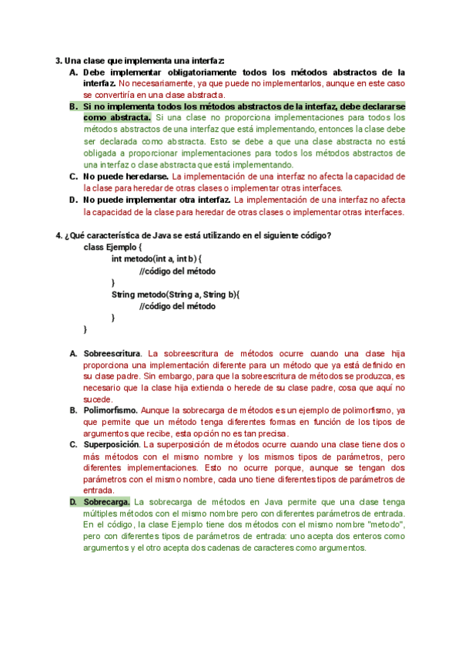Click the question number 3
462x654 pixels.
coord(59,60)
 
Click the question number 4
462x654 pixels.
coord(59,235)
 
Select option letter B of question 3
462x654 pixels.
coord(72,106)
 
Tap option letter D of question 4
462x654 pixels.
coord(72,502)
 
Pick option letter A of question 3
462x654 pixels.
coord(72,72)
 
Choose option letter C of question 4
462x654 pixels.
coord(72,444)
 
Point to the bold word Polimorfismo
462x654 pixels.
coord(110,410)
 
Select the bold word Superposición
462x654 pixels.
coord(112,444)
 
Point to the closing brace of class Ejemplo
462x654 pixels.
coord(85,329)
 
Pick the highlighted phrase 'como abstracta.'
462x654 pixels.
coord(117,117)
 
